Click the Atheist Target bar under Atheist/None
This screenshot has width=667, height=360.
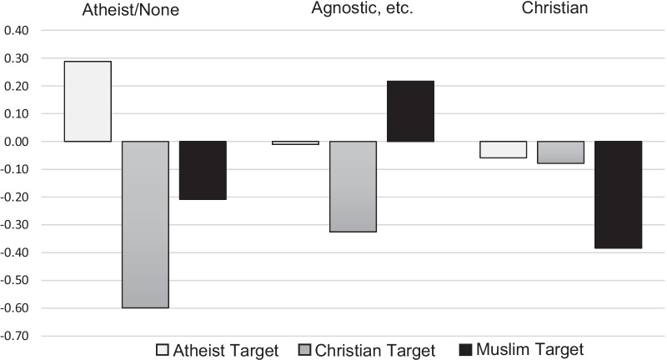pyautogui.click(x=88, y=101)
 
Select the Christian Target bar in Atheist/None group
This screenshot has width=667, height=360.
pyautogui.click(x=145, y=224)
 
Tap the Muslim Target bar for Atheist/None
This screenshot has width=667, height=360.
pyautogui.click(x=203, y=170)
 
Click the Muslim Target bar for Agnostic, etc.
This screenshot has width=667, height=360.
pyautogui.click(x=410, y=111)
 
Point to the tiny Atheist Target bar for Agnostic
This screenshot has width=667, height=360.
pyautogui.click(x=295, y=142)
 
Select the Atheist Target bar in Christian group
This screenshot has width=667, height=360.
pyautogui.click(x=503, y=149)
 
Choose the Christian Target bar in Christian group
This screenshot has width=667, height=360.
pyautogui.click(x=560, y=152)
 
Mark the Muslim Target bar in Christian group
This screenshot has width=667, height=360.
pyautogui.click(x=618, y=194)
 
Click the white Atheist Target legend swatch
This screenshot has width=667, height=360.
pyautogui.click(x=163, y=348)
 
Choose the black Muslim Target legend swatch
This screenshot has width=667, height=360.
pyautogui.click(x=468, y=348)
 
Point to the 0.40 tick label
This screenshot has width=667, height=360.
pyautogui.click(x=17, y=31)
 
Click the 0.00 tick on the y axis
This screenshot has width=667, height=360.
pyautogui.click(x=17, y=142)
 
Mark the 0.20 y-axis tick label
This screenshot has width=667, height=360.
pyautogui.click(x=17, y=86)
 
